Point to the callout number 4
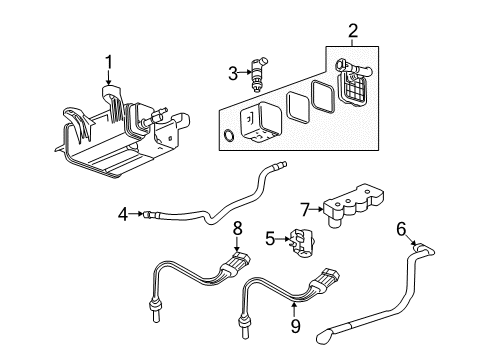click(x=123, y=212)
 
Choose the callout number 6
click(x=401, y=229)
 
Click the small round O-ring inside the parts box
click(x=232, y=136)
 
